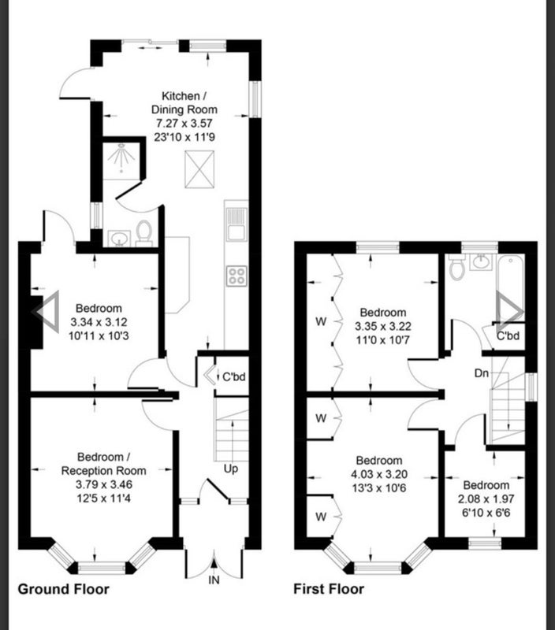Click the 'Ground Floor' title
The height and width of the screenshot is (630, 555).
[64, 589]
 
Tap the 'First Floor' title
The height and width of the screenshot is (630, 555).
[329, 589]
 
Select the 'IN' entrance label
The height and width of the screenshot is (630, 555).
[214, 580]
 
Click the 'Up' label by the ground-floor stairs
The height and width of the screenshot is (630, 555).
[231, 469]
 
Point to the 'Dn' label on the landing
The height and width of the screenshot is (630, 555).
[482, 373]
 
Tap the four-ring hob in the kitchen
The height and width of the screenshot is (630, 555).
[237, 276]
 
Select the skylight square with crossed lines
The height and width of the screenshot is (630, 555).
[199, 169]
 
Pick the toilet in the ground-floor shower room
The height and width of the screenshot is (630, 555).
[143, 233]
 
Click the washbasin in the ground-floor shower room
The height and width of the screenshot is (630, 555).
[119, 239]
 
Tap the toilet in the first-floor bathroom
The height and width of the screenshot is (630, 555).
[457, 265]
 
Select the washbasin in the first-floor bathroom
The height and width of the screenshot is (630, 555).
[481, 262]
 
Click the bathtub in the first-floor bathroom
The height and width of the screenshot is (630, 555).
[511, 287]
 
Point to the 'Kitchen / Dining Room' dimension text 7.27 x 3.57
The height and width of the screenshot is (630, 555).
[184, 123]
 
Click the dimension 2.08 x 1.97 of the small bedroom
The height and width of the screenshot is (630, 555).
[486, 499]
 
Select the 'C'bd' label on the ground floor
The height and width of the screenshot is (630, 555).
[233, 377]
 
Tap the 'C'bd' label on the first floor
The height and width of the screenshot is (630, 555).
[508, 335]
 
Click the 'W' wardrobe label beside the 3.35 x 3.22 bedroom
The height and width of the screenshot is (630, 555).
[321, 322]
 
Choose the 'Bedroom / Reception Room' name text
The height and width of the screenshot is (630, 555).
[103, 464]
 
